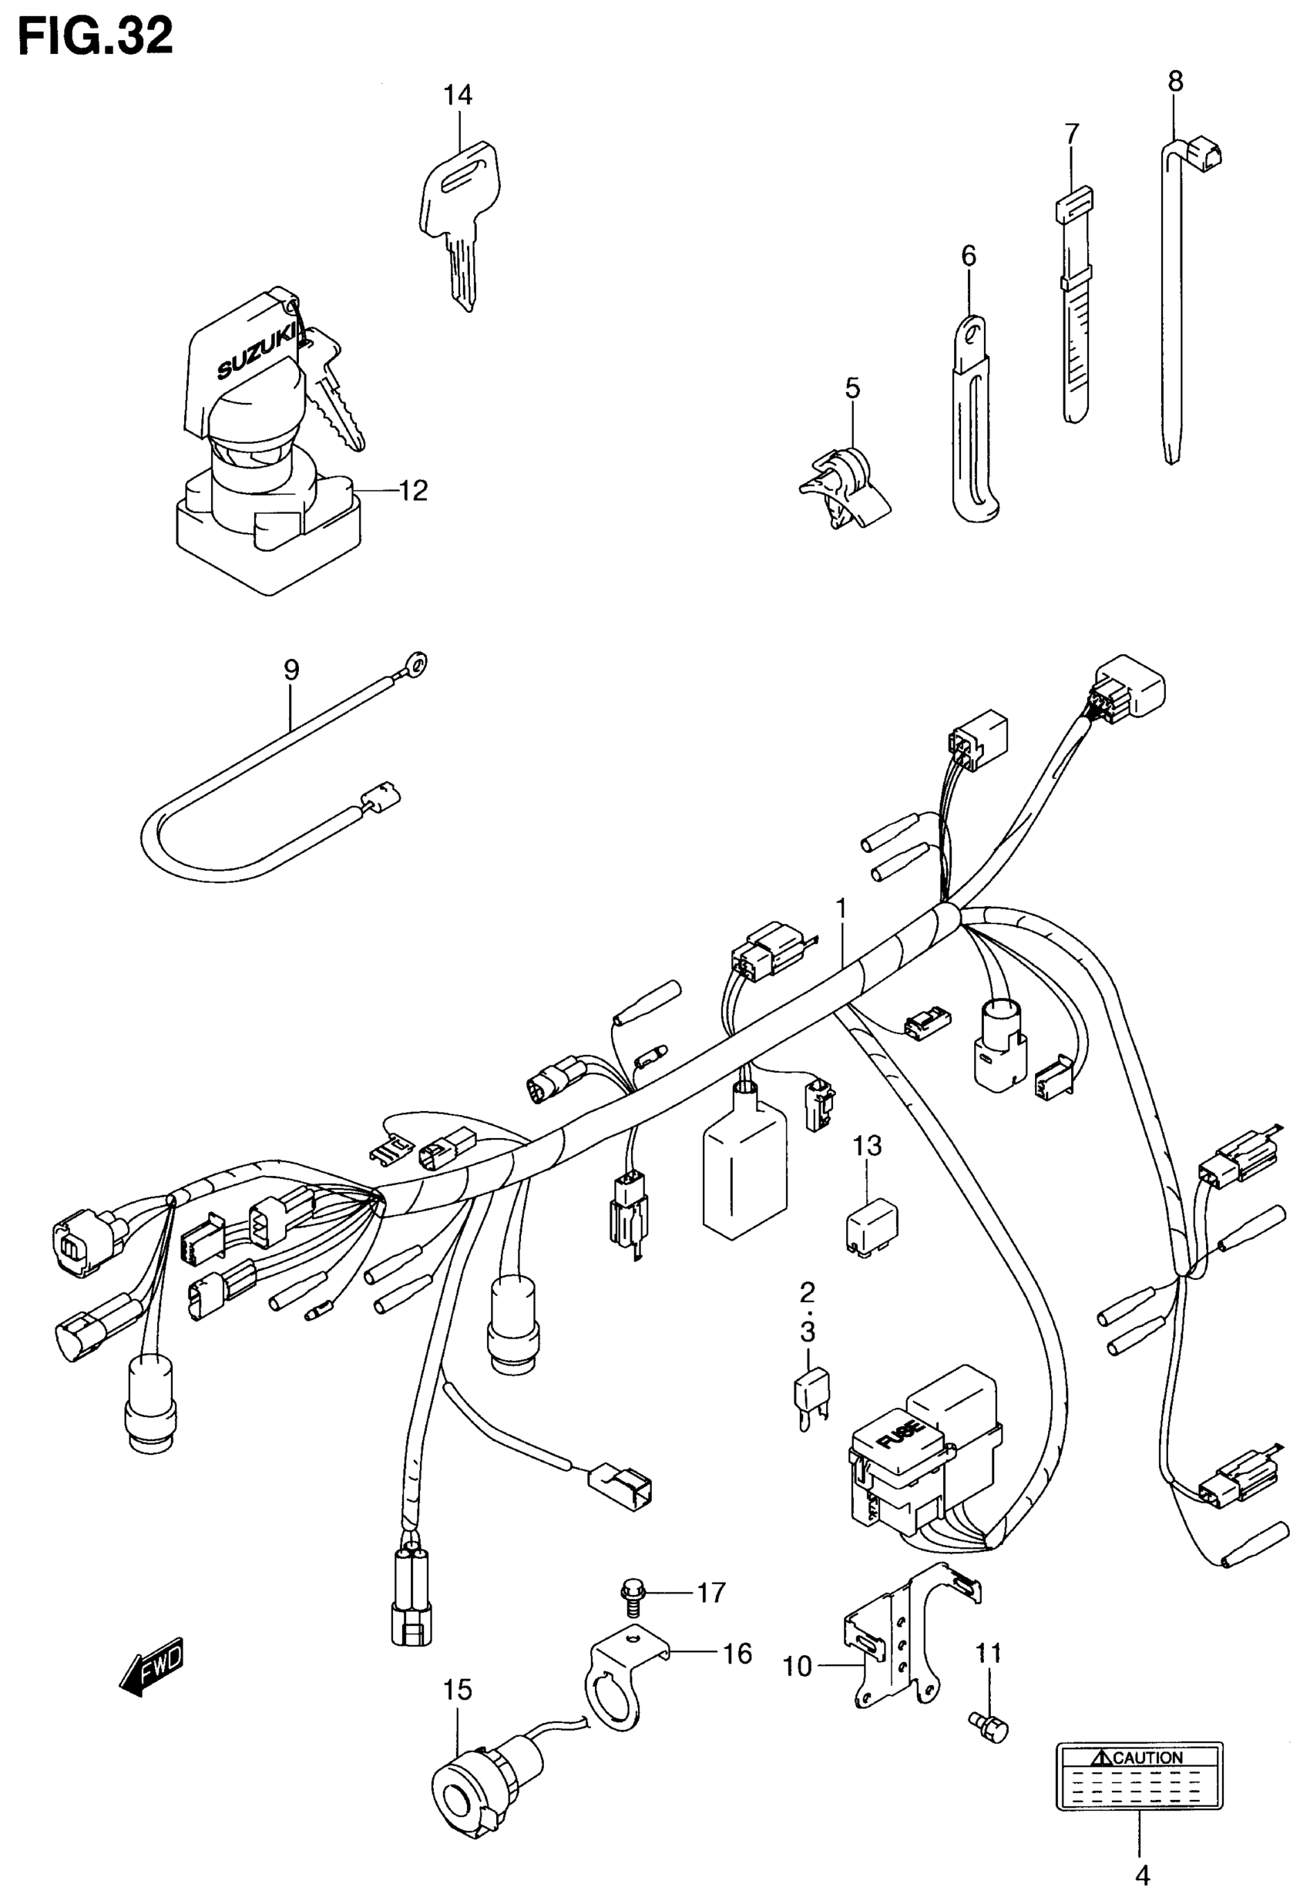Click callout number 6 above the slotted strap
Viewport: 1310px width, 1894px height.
(969, 257)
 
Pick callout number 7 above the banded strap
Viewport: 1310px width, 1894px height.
(1072, 134)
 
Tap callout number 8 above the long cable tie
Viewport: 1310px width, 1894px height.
(1175, 81)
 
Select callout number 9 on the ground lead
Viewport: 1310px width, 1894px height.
(291, 670)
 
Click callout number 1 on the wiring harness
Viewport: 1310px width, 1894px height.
(841, 908)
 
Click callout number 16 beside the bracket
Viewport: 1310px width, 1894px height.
(738, 1654)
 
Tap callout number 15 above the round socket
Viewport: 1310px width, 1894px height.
(458, 1690)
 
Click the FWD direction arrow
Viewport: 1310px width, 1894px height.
(153, 1666)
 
